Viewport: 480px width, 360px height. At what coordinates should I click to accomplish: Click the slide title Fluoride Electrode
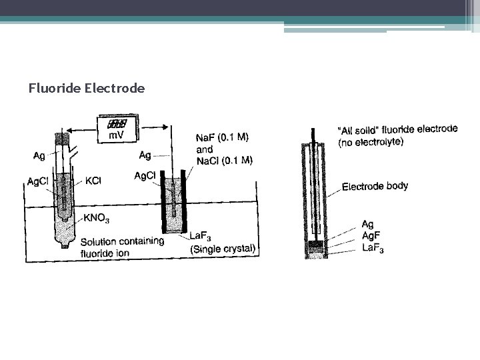pos(87,87)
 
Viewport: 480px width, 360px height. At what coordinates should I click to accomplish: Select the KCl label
pos(95,181)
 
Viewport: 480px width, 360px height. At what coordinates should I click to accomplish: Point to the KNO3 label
pos(96,218)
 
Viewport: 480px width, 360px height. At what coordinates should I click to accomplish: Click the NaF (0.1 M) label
pos(223,138)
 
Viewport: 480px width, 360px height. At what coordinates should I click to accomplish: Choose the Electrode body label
pos(375,187)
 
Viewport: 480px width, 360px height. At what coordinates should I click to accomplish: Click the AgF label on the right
pos(371,236)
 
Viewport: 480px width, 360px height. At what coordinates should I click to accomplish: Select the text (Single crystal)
pos(223,249)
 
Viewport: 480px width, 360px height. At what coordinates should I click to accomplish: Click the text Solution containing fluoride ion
pos(121,246)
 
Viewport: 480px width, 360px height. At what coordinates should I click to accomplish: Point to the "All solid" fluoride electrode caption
pos(398,129)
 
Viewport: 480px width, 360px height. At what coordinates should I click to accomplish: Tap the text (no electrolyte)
pos(371,142)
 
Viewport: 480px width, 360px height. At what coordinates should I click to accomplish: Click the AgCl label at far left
pos(37,181)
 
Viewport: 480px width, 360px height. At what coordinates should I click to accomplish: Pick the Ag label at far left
pos(39,156)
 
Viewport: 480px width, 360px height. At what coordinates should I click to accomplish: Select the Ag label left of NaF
pos(145,155)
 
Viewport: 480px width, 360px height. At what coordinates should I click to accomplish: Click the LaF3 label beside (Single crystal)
pos(201,236)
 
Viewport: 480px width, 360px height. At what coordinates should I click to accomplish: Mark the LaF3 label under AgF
pos(373,249)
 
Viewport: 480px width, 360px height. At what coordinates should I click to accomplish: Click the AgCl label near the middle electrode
pos(145,176)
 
